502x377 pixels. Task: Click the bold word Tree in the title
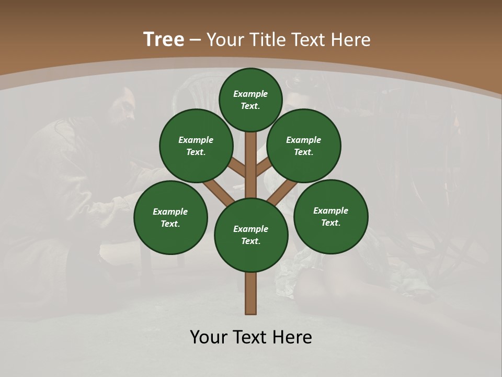(x=164, y=40)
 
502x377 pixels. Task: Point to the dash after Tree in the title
(x=195, y=40)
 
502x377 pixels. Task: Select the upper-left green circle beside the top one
(x=196, y=146)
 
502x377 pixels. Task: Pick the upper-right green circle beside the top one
(x=304, y=146)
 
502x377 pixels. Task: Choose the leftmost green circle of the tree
(x=170, y=217)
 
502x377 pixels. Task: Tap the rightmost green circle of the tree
(x=330, y=216)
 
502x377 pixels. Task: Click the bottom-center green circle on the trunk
(x=251, y=235)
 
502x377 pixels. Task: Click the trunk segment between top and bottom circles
(x=251, y=157)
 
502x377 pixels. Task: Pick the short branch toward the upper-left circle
(x=237, y=168)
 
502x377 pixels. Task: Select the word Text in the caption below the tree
(x=251, y=337)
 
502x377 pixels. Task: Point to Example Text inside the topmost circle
(x=250, y=99)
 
